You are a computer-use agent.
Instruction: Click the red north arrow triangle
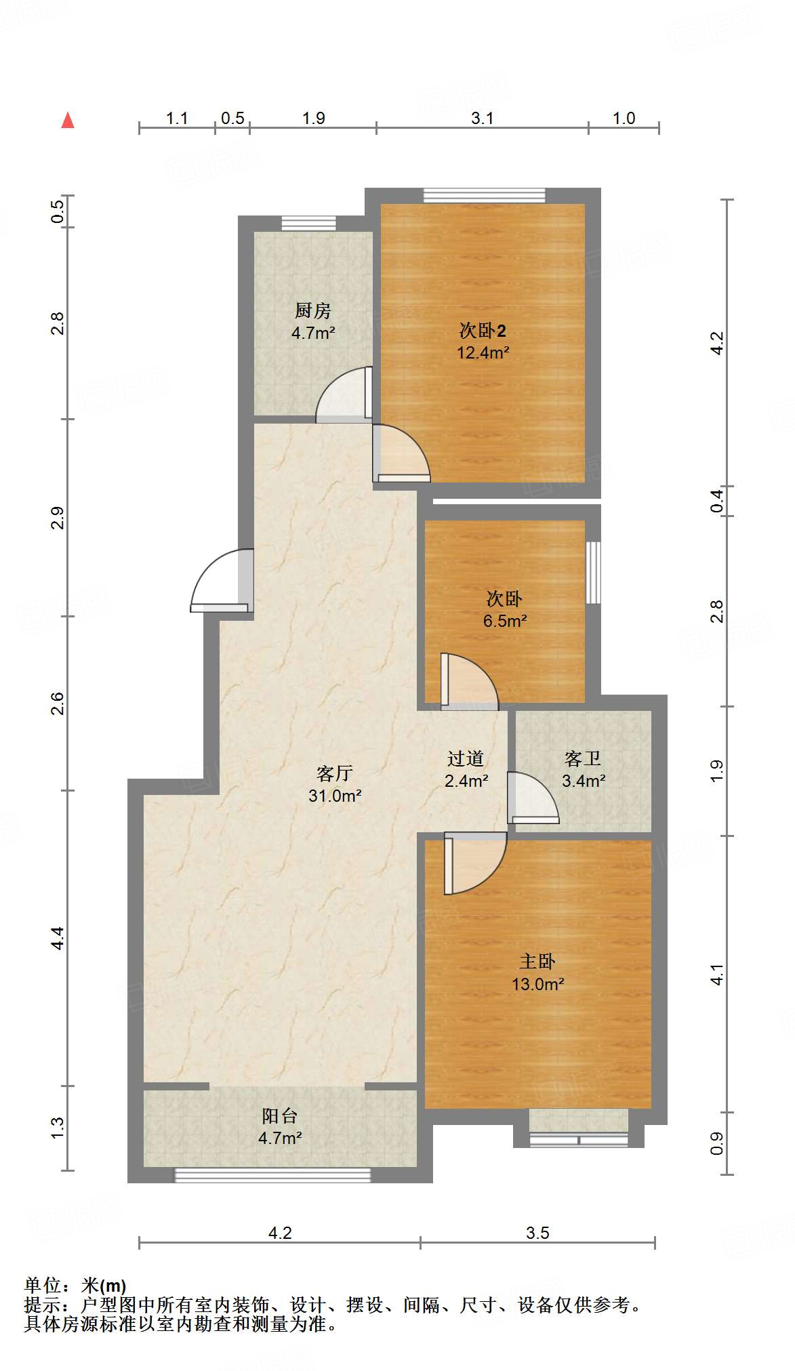pos(68,121)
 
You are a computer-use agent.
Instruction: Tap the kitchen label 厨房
pos(312,311)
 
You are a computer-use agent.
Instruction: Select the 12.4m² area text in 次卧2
pos(483,353)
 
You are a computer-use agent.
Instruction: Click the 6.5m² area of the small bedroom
pos(505,621)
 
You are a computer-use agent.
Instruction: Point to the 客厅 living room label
pos(335,773)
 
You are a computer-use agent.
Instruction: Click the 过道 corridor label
pos(466,759)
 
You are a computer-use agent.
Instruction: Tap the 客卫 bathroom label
pos(583,759)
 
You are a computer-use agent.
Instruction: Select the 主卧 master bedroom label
pos(537,961)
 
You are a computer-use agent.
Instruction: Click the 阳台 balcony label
pos(279,1116)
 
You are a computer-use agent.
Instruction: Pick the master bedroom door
pos(474,864)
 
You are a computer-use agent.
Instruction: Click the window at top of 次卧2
pos(484,196)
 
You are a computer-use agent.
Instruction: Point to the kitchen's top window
pos(308,223)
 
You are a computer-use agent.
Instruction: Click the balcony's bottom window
pos(272,1174)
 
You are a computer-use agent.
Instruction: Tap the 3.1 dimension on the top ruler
pos(482,118)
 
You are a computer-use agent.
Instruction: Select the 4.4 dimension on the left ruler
pos(58,938)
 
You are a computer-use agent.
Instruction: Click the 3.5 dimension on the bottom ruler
pos(537,1233)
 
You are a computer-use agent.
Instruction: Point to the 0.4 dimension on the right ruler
pos(717,501)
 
